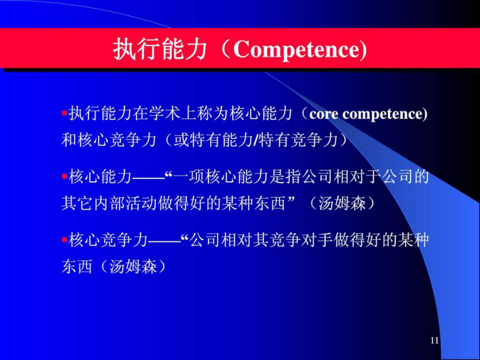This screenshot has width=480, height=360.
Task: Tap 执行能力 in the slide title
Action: click(160, 49)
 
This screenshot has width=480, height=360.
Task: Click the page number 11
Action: click(434, 340)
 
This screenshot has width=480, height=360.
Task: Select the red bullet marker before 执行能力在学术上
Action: click(65, 113)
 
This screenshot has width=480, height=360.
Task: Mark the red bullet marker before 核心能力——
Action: click(65, 177)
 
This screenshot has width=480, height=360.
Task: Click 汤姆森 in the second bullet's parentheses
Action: click(342, 203)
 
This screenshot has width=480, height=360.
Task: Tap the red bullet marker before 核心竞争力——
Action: click(65, 239)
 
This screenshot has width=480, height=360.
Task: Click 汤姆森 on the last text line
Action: click(133, 267)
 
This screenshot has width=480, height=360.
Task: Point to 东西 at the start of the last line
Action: click(77, 267)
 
